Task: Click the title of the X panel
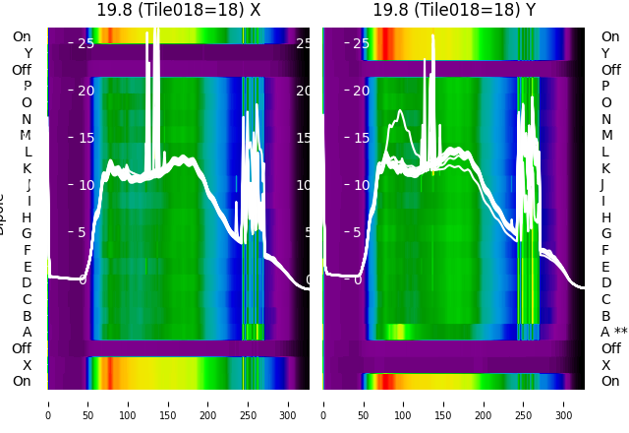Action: tap(178, 10)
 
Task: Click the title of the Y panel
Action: tap(454, 10)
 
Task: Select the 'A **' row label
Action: tap(613, 332)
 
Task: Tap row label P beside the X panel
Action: tap(28, 87)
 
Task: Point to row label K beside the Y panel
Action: tap(605, 168)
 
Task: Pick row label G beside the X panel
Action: tap(27, 233)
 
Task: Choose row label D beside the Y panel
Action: tap(605, 282)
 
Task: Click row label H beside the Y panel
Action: tap(605, 217)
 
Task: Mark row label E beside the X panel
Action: tap(28, 267)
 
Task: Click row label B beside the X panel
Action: tap(28, 316)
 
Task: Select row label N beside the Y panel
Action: tap(605, 119)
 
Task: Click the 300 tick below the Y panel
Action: tap(564, 402)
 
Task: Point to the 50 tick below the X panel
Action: tap(87, 402)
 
